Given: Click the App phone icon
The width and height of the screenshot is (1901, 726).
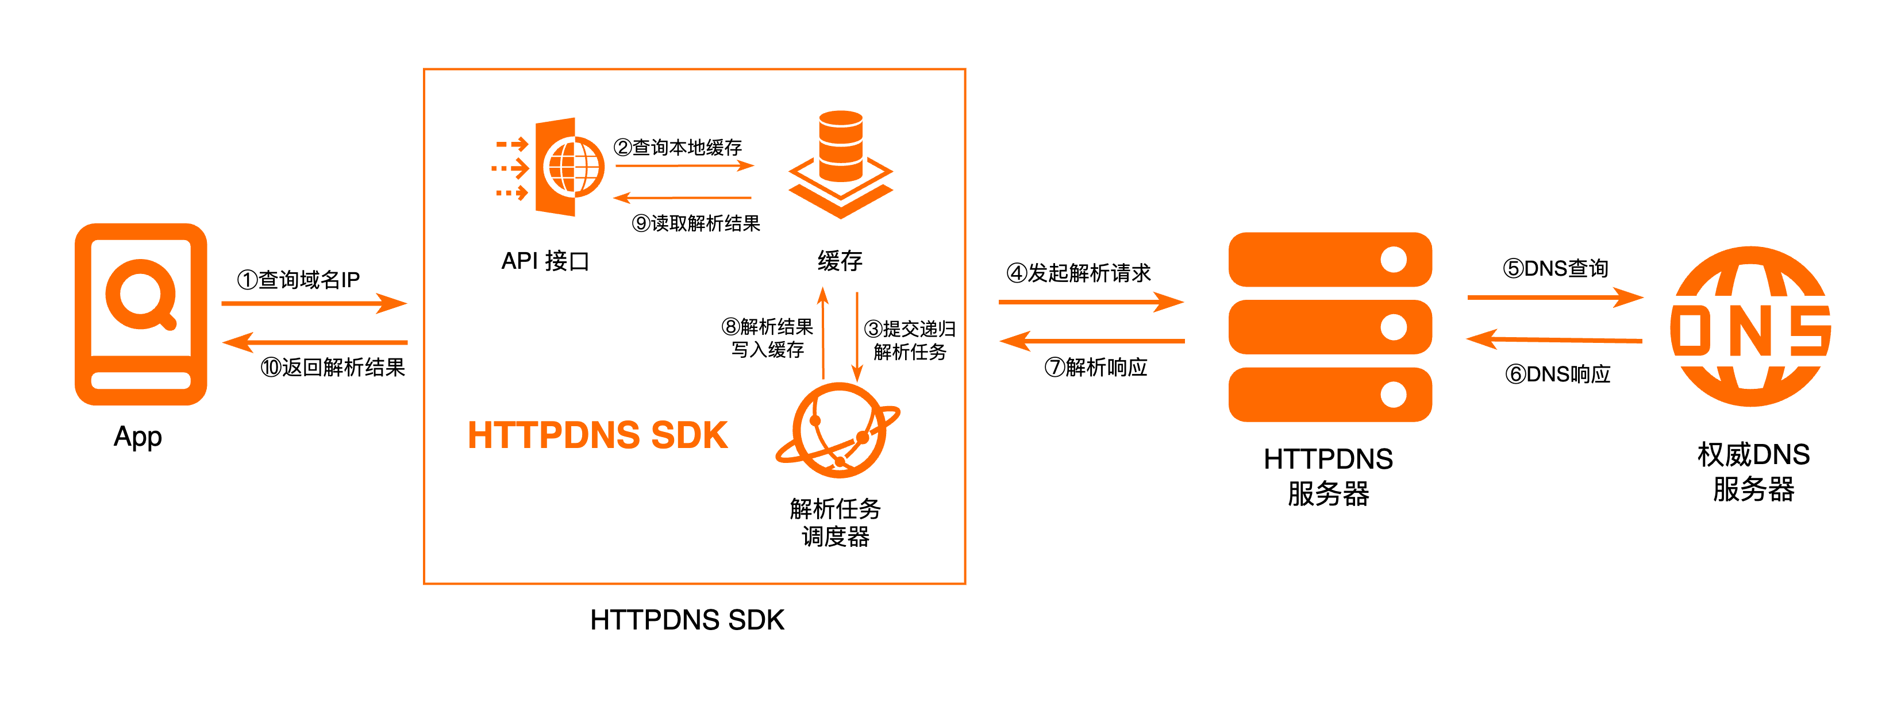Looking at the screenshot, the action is (141, 314).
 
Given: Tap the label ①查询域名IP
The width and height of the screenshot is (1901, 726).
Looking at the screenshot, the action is (298, 280).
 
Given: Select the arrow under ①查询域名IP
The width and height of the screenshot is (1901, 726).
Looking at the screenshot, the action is (314, 303).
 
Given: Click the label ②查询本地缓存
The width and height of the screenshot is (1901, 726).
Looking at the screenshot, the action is (678, 148).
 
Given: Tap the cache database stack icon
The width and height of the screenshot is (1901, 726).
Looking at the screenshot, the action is (841, 164).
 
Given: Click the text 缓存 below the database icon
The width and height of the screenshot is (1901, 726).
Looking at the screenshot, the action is (840, 260).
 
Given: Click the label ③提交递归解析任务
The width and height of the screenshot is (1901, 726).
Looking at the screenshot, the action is (910, 340).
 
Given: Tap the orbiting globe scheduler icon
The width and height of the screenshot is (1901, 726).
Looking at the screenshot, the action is (838, 430).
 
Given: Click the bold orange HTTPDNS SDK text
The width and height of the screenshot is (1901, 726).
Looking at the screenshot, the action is (598, 435).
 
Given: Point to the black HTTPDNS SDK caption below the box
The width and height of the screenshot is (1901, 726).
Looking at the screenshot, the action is (687, 620).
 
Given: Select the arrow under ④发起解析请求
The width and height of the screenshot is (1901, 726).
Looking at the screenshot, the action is (1091, 302).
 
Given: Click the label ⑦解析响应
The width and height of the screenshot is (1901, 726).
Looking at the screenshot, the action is (1096, 368).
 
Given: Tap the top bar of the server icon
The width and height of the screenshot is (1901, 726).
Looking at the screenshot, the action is (1330, 260).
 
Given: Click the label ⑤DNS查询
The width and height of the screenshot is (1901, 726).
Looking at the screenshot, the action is (1556, 269).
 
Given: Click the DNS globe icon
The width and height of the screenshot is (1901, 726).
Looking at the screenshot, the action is (1751, 326).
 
